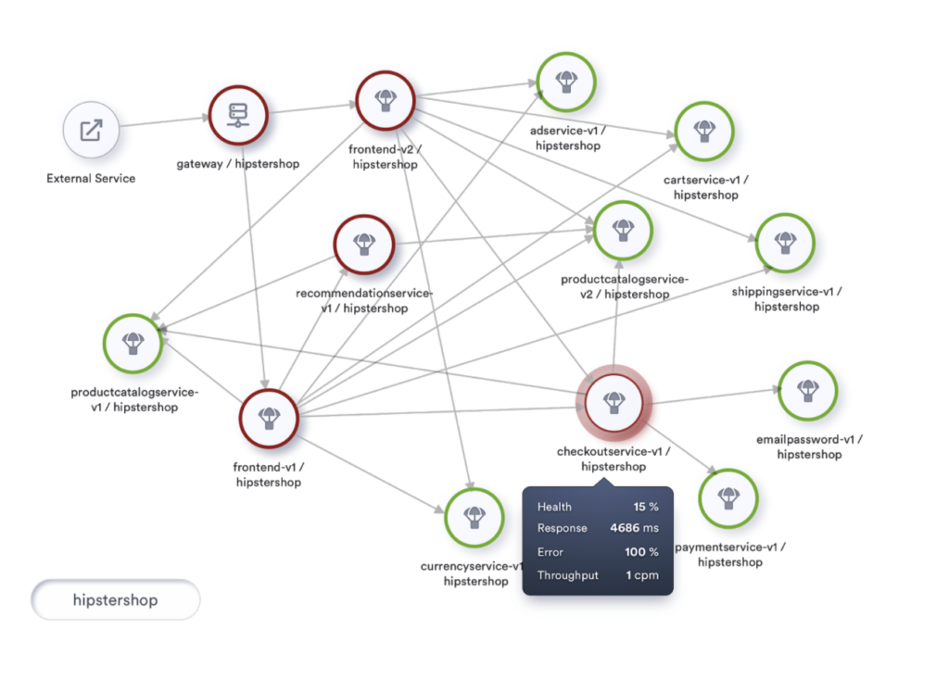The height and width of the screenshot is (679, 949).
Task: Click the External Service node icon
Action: point(92,131)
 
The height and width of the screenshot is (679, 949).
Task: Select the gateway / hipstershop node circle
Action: point(237,115)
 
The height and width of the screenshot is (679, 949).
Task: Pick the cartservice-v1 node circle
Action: point(704,131)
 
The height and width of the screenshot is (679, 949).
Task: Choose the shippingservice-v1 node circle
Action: point(786,244)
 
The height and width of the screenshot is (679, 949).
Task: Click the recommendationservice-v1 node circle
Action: point(364,245)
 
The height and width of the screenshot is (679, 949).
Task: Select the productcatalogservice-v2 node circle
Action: point(623,230)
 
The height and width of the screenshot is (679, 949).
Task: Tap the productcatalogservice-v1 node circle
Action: point(133,344)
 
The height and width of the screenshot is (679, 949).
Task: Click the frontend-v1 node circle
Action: point(269,418)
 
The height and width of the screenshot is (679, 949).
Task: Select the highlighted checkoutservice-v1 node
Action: point(614,403)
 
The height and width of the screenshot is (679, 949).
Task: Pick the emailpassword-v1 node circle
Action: point(808,390)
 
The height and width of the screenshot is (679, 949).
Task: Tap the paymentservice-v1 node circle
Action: point(728,497)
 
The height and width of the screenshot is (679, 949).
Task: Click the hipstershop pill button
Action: point(116,600)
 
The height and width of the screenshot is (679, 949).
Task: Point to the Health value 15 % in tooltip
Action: point(645,507)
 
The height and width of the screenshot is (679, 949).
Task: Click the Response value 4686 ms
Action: point(634,528)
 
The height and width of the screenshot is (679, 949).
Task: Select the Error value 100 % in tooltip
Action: point(640,552)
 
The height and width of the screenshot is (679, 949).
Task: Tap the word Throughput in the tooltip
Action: point(567,575)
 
